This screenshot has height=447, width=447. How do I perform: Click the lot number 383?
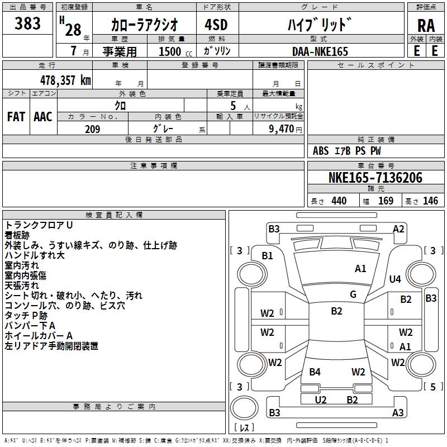(x=28, y=23)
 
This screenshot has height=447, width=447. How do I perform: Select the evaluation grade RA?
(x=426, y=26)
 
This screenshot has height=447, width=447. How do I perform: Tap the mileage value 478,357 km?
(x=66, y=80)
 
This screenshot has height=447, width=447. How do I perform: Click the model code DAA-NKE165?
(x=320, y=51)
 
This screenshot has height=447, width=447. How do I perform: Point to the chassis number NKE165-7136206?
(x=375, y=178)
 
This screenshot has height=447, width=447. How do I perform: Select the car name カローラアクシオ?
(x=145, y=25)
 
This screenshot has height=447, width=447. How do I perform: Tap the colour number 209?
(x=92, y=129)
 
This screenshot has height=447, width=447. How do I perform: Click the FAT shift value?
(x=16, y=116)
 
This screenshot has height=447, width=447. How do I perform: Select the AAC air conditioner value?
(x=42, y=116)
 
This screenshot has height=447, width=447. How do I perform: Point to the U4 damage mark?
(x=395, y=279)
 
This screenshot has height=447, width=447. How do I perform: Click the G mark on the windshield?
(x=353, y=294)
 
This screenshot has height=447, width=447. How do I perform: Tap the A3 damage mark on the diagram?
(x=398, y=413)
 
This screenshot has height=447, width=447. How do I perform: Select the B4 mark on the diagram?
(x=315, y=372)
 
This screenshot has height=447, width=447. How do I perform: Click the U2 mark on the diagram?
(x=321, y=400)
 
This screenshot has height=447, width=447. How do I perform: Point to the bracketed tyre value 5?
(x=433, y=387)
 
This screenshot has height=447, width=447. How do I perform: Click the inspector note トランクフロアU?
(x=39, y=225)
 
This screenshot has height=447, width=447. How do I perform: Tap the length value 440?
(x=339, y=201)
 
